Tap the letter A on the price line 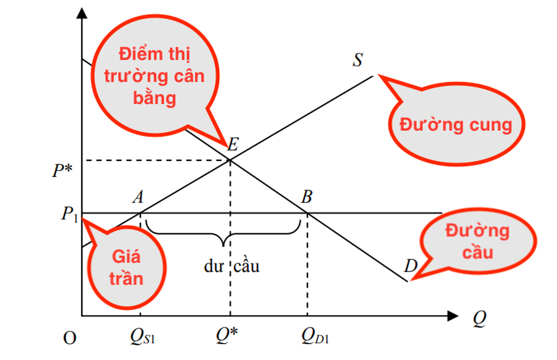point(138,197)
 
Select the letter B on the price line point(307,197)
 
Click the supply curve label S point(358,60)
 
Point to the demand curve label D point(410,265)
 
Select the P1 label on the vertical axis point(69,214)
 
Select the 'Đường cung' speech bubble point(455,124)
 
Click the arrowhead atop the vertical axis point(82,15)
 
